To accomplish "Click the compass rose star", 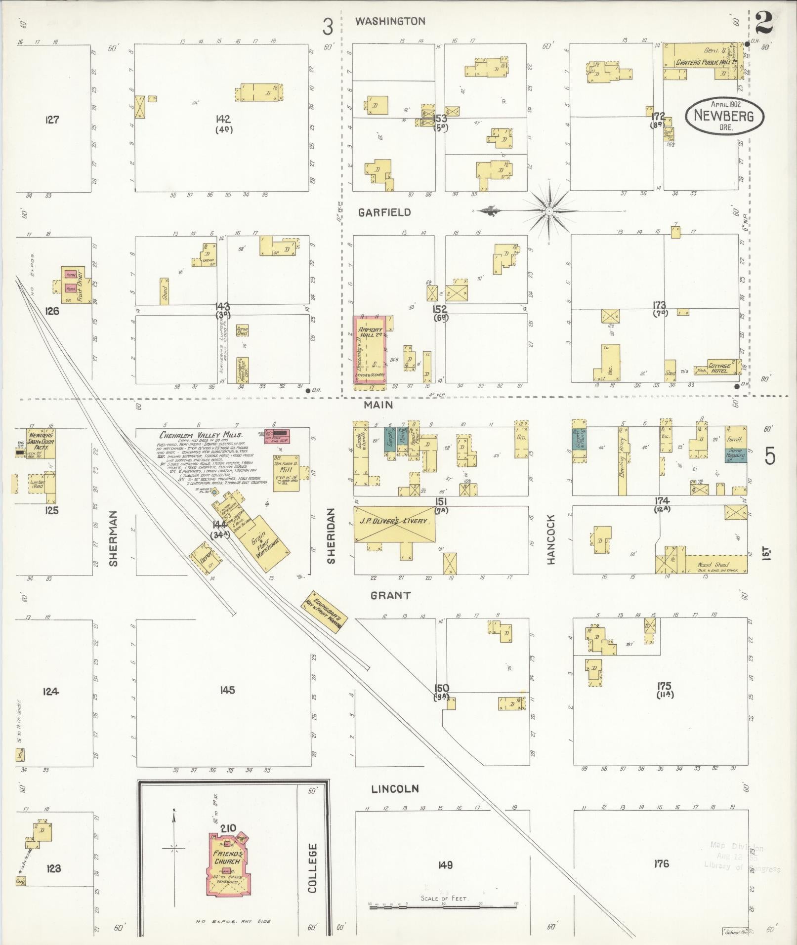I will click(x=549, y=211).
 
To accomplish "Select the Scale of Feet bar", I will click(x=443, y=906).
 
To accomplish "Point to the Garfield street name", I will click(x=384, y=212).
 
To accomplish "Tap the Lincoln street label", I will click(x=395, y=789).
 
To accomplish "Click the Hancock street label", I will click(x=551, y=539).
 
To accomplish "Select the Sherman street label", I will click(x=114, y=538).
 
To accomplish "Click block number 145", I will click(x=227, y=690).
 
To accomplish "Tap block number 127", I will click(x=52, y=120).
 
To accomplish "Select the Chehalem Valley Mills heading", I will click(x=200, y=435).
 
